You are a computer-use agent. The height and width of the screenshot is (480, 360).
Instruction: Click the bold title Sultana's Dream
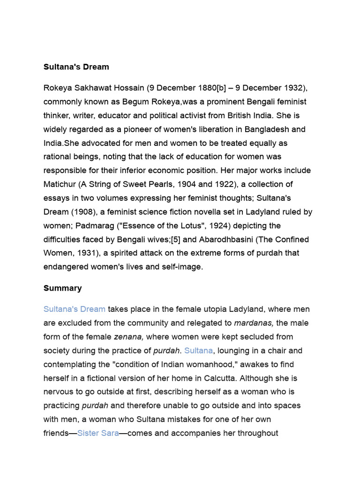(x=76, y=67)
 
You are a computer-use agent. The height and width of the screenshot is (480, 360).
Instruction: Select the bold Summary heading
(x=62, y=288)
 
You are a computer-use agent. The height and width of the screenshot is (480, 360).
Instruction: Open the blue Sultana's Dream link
(x=74, y=309)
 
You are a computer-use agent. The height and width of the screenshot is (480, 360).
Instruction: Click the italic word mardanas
(x=254, y=323)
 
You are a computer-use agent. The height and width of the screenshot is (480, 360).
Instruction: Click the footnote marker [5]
(x=175, y=240)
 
